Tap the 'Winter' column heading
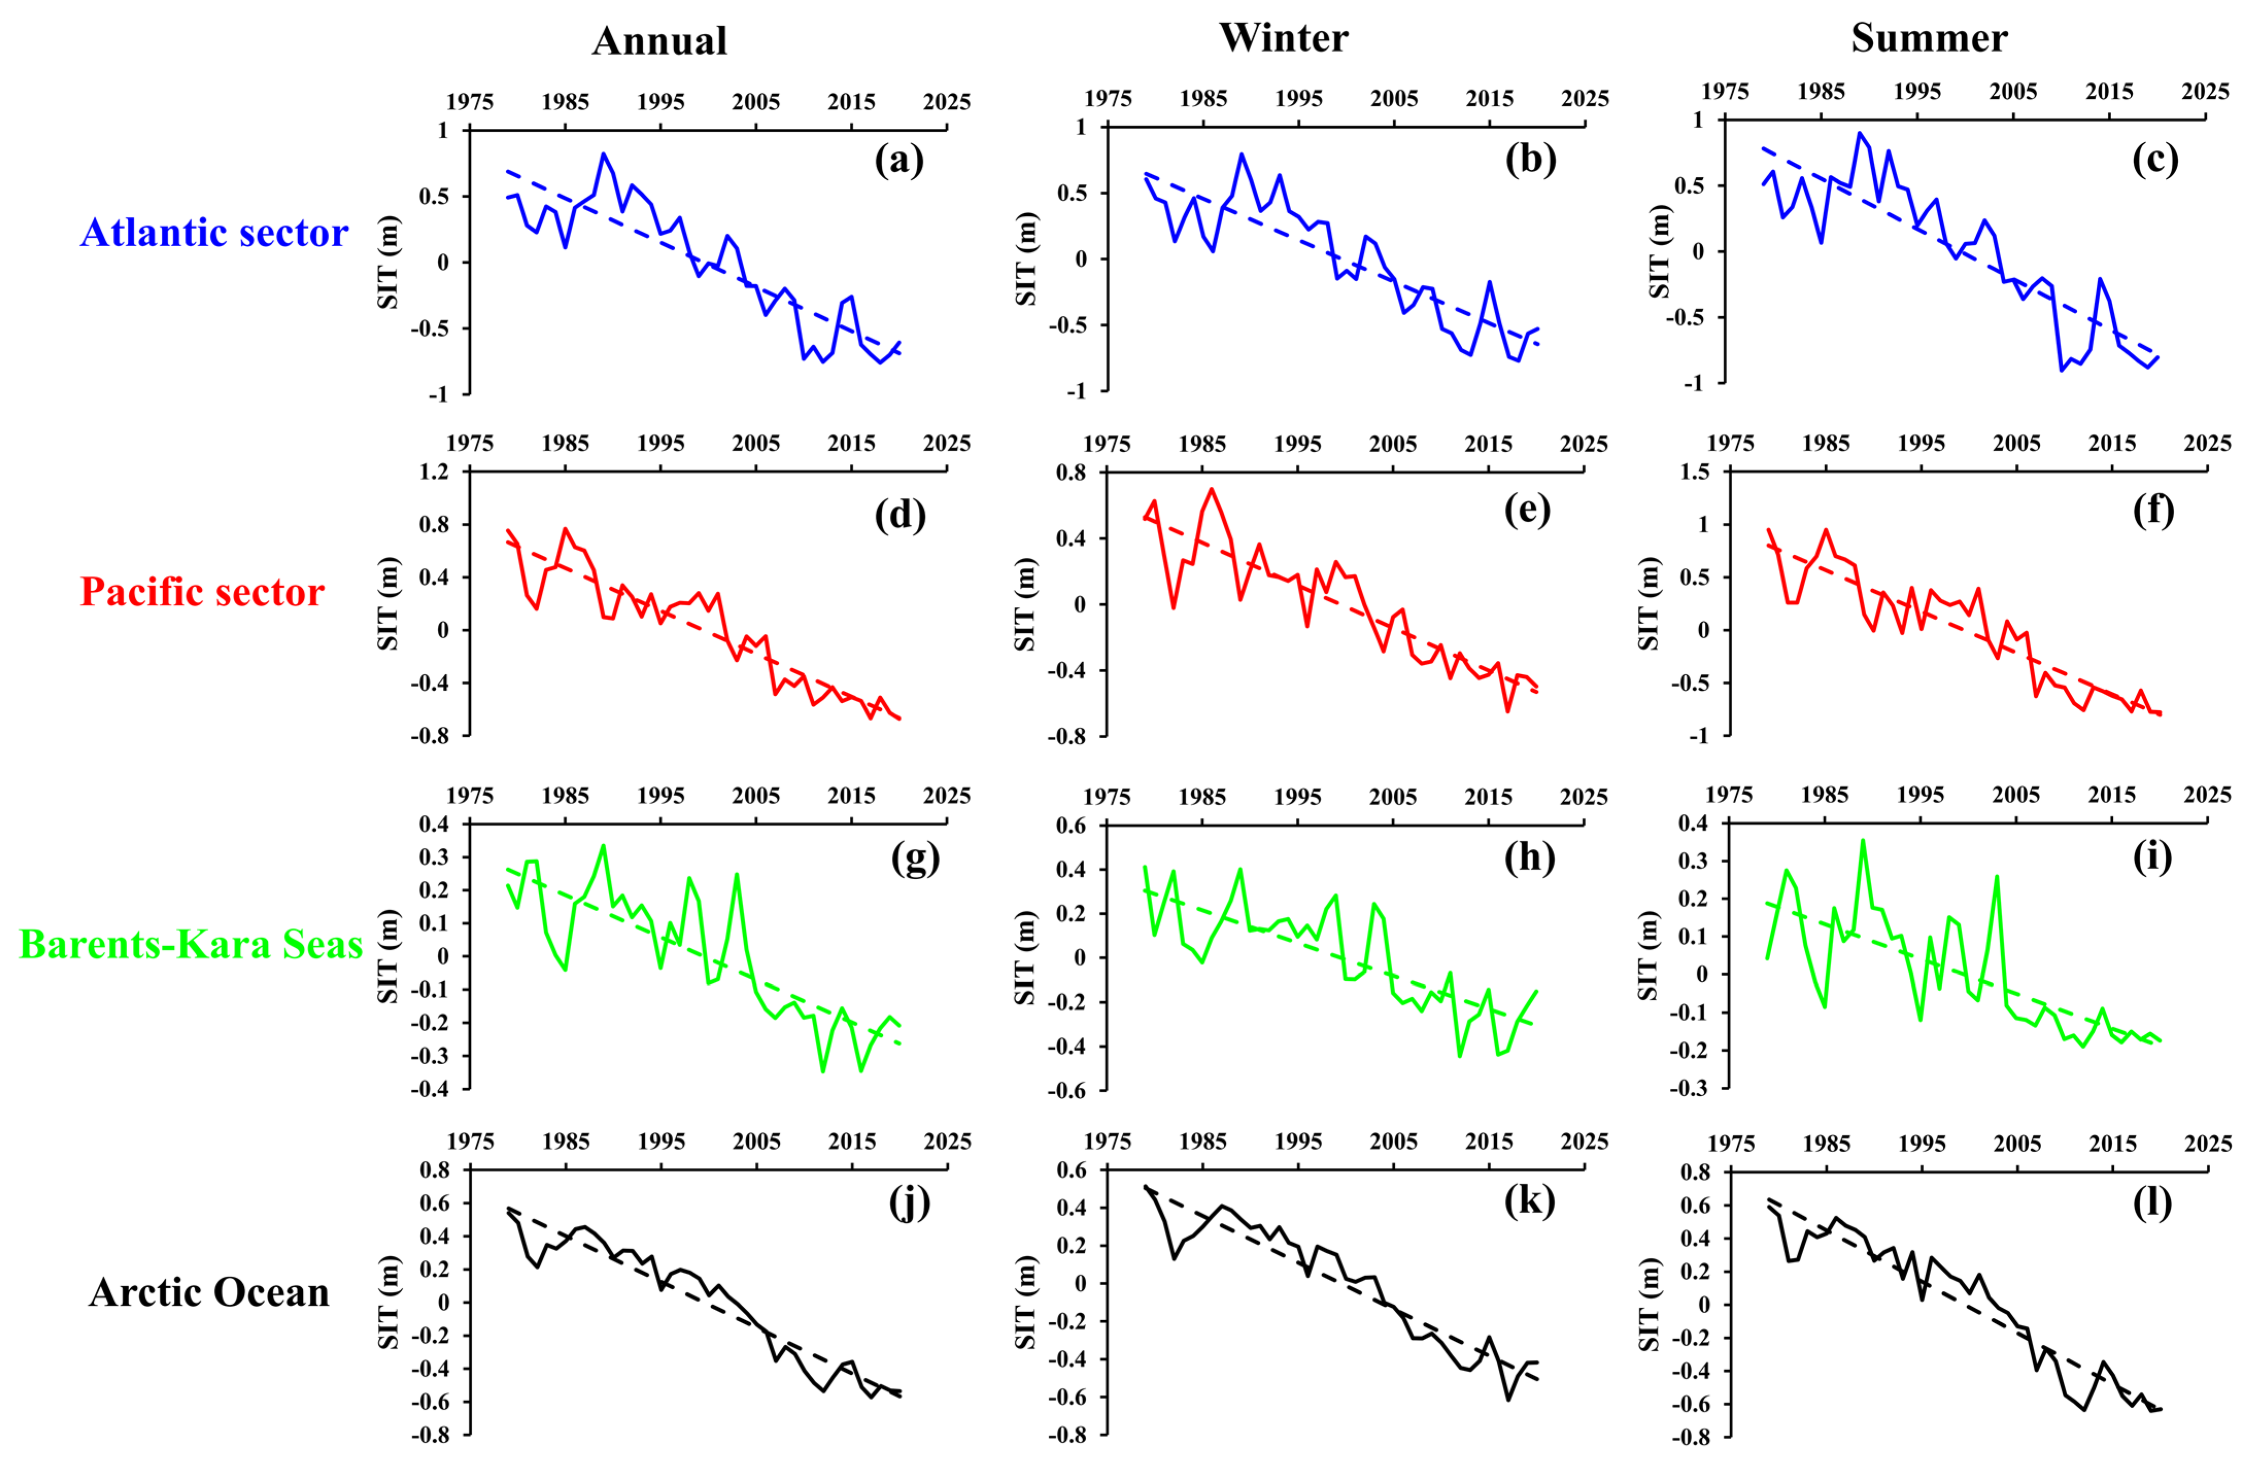pyautogui.click(x=1283, y=38)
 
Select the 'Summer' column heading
pyautogui.click(x=1929, y=38)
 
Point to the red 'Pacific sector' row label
pyautogui.click(x=202, y=592)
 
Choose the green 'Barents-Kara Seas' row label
pyautogui.click(x=191, y=944)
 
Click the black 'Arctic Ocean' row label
pyautogui.click(x=209, y=1292)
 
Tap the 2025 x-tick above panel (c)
pyautogui.click(x=2205, y=92)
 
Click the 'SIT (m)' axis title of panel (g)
pyautogui.click(x=388, y=957)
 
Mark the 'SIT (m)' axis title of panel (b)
pyautogui.click(x=1026, y=258)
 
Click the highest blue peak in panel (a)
pyautogui.click(x=603, y=153)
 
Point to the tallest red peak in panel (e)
pyautogui.click(x=1211, y=490)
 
